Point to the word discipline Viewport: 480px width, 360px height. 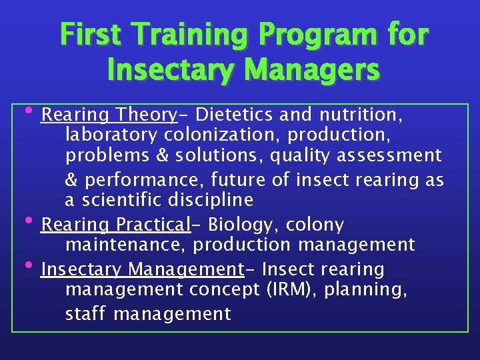pyautogui.click(x=211, y=200)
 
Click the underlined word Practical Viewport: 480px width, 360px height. pyautogui.click(x=153, y=225)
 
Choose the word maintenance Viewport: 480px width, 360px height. pyautogui.click(x=126, y=245)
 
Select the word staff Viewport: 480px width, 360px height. pyautogui.click(x=86, y=313)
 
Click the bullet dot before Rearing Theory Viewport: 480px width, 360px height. pyautogui.click(x=35, y=110)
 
